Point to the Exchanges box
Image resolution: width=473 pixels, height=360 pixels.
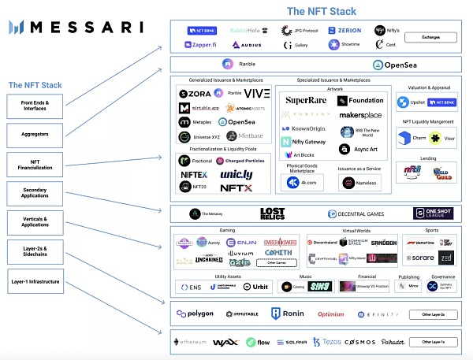point(430,37)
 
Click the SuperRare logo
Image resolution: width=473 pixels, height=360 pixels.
point(305,101)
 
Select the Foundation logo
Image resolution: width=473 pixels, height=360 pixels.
point(362,101)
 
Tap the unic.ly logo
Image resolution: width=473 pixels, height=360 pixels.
point(236,173)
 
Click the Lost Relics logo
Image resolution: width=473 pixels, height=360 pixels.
point(272,213)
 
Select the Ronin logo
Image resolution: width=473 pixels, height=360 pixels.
point(287,314)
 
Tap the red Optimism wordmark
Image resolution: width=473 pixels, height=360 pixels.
point(330,314)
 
